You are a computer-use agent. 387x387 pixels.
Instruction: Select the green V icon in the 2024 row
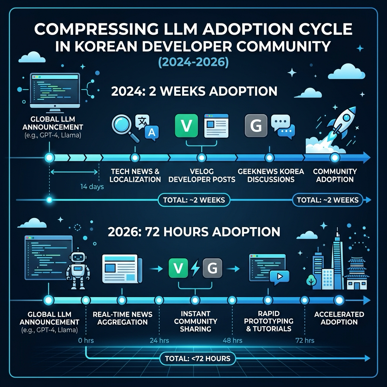tap(186, 125)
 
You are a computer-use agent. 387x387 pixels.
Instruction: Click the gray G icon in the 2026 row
tap(212, 268)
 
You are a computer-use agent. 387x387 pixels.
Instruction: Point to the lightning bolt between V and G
tap(195, 268)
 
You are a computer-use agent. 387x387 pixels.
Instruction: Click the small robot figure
tap(78, 269)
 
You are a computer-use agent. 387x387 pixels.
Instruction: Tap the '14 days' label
tap(92, 187)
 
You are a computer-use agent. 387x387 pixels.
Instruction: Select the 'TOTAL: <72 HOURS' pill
tap(197, 358)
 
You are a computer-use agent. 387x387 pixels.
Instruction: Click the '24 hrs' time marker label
tap(159, 341)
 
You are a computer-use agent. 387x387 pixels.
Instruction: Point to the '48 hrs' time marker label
tap(232, 341)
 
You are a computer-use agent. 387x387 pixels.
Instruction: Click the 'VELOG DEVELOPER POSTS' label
tap(202, 175)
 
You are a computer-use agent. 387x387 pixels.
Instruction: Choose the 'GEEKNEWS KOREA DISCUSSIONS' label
tap(271, 175)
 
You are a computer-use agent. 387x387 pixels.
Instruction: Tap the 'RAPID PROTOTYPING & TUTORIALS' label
tap(269, 321)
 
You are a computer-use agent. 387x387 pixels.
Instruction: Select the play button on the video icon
tap(280, 276)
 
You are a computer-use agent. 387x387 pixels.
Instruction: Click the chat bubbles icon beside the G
tap(283, 126)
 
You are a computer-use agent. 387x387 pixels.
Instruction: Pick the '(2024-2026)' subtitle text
tap(193, 62)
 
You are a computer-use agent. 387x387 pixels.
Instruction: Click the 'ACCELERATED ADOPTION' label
tap(339, 318)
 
